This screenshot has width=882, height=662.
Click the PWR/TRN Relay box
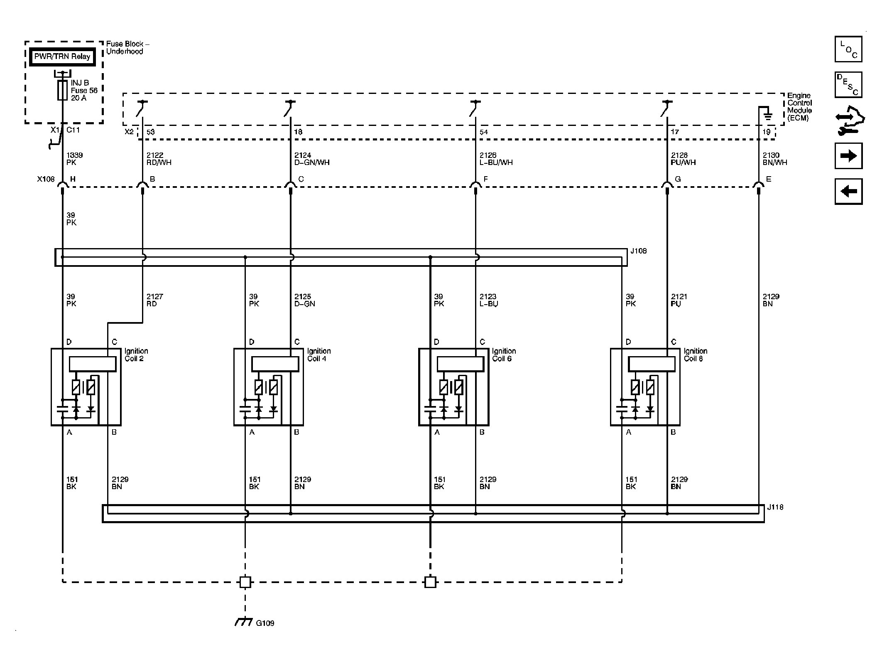tap(62, 57)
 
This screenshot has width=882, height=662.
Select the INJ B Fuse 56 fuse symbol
tap(62, 90)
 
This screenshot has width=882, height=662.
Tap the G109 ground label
tap(265, 623)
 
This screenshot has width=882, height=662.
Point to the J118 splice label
tap(775, 507)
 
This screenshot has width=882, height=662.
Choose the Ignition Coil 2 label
tap(136, 354)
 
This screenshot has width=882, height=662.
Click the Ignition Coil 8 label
tap(696, 354)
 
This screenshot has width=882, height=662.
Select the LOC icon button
tap(848, 49)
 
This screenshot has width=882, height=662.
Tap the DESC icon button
tap(848, 85)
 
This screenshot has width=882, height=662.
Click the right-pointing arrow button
tap(848, 156)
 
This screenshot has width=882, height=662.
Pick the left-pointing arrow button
tap(848, 192)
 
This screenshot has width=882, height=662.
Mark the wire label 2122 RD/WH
tap(159, 159)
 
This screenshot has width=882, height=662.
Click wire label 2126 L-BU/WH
tap(496, 159)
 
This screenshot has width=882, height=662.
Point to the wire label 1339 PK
tap(74, 159)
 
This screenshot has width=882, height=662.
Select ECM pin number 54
tap(484, 132)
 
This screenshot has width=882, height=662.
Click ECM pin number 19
tap(767, 132)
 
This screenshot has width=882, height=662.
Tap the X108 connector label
tap(46, 179)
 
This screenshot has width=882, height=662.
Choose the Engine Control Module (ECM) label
tap(799, 107)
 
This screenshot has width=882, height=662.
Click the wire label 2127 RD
tap(154, 300)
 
